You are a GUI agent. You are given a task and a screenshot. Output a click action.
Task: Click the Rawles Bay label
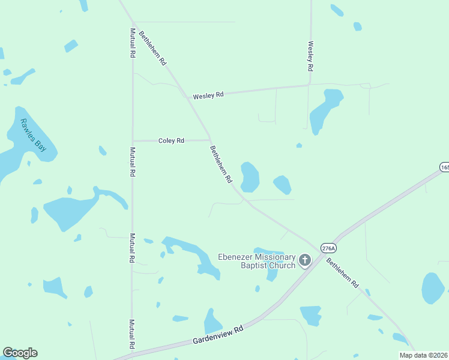click(33, 135)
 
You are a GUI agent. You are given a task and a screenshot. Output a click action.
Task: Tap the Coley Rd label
click(171, 141)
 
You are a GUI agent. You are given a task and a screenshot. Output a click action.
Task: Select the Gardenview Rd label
click(218, 335)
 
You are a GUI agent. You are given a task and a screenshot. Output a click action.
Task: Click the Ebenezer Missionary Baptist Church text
click(256, 262)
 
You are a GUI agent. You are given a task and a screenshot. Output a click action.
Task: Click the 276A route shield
click(328, 248)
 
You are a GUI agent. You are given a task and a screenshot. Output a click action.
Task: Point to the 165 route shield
click(444, 167)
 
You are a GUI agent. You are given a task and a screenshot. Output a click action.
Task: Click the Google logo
click(20, 353)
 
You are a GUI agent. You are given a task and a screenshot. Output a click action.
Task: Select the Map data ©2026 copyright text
click(423, 355)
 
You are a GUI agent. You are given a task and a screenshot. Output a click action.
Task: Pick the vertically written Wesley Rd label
click(311, 55)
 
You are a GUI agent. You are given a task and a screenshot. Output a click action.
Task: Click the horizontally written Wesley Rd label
click(208, 95)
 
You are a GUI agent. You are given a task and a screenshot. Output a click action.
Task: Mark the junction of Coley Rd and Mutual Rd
click(133, 141)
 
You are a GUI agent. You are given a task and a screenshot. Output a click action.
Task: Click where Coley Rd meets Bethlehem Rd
click(209, 140)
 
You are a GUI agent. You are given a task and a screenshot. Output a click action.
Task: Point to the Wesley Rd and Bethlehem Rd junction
click(185, 97)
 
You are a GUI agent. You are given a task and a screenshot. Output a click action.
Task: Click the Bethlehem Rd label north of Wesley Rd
click(152, 48)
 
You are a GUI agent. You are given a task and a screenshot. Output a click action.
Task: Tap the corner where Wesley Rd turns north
click(310, 85)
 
